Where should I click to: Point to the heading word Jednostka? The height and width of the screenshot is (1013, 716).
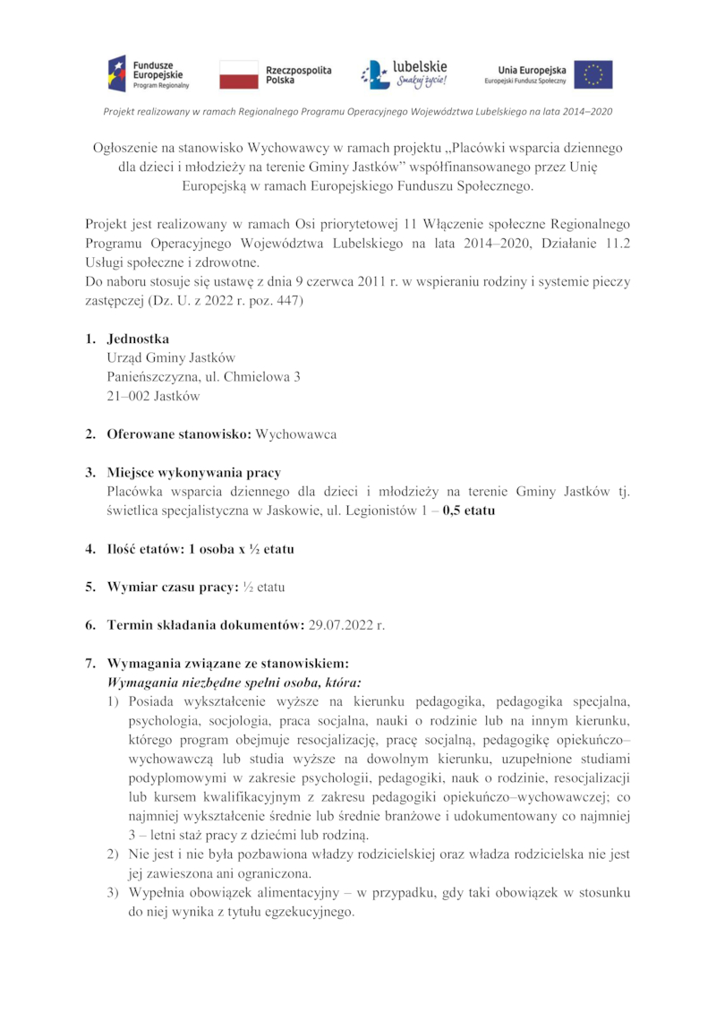coord(138,339)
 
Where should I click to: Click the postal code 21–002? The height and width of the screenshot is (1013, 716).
coord(128,395)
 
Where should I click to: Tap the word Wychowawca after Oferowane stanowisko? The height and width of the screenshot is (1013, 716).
coord(296,434)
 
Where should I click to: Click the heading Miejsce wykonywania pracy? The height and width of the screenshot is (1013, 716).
coord(194,473)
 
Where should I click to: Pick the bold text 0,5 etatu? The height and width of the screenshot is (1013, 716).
coord(469,511)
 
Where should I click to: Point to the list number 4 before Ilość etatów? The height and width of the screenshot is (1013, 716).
coord(90,549)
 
